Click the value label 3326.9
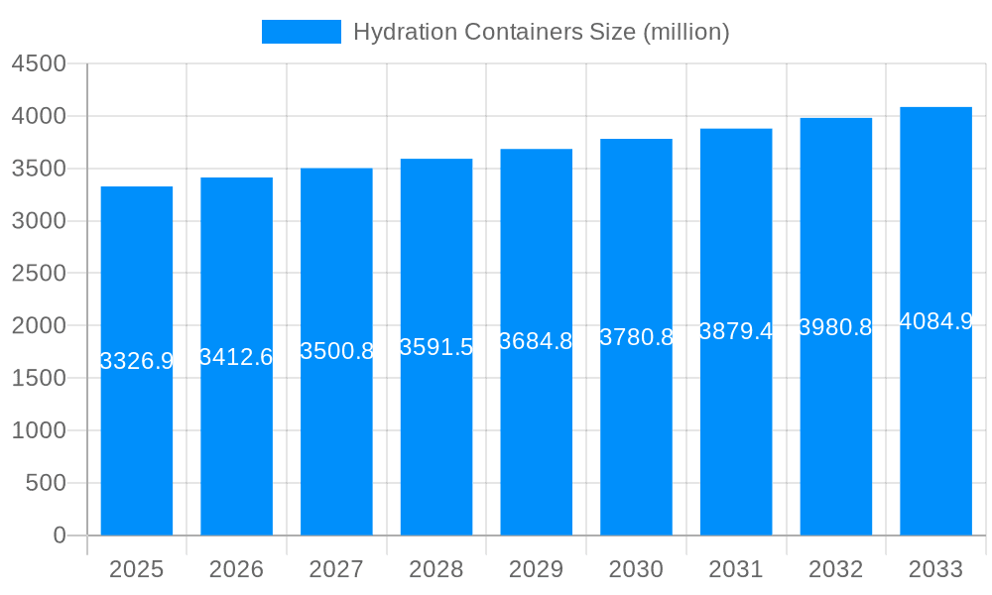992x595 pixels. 137,361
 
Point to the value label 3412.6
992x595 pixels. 236,357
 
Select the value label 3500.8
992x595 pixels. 336,351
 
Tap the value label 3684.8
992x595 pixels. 536,341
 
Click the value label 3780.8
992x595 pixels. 636,337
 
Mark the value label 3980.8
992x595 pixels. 835,327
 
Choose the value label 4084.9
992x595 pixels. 935,321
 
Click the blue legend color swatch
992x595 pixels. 301,32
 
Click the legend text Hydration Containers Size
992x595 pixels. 541,32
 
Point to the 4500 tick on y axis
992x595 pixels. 39,63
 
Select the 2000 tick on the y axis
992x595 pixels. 39,325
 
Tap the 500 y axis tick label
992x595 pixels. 46,483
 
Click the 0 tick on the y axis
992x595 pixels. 59,535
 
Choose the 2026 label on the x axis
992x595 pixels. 236,569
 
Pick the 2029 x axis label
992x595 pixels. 536,569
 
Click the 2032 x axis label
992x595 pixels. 835,569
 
